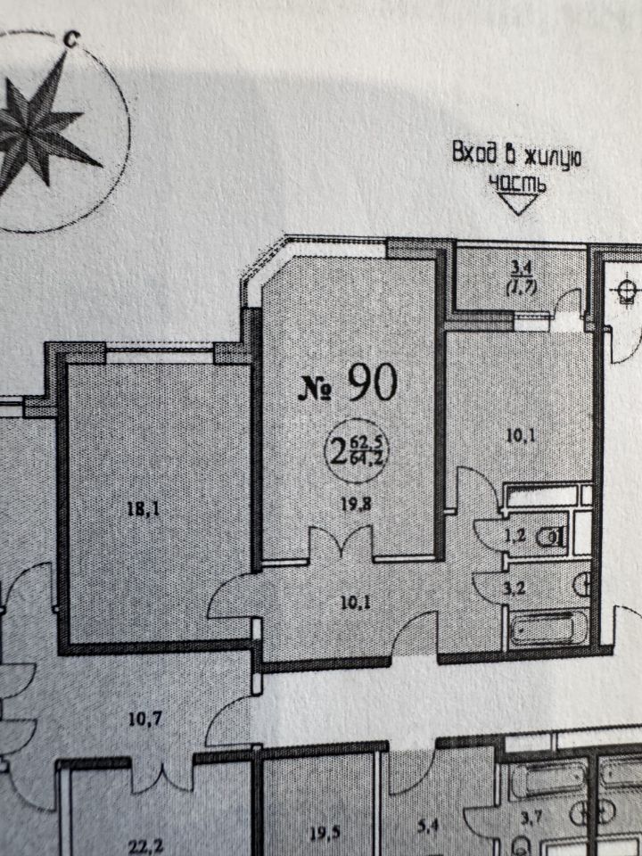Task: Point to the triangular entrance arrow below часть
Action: [x=520, y=204]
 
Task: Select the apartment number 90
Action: [x=372, y=383]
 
